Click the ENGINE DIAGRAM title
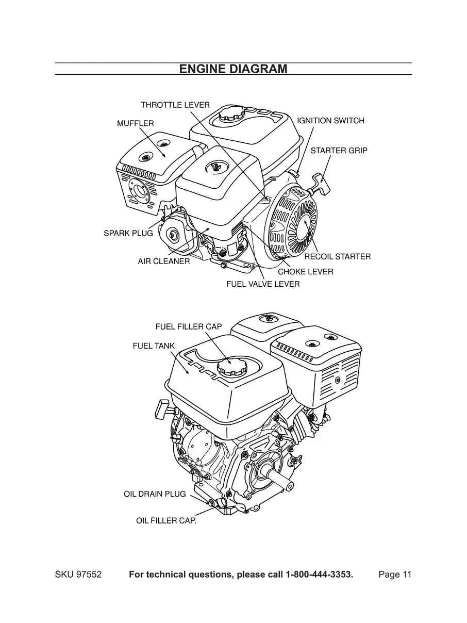(x=233, y=69)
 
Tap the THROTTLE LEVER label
(x=175, y=105)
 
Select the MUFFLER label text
(x=135, y=123)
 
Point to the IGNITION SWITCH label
(x=330, y=121)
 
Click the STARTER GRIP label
(x=339, y=151)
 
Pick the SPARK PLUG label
(x=128, y=233)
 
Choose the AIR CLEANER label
(x=163, y=261)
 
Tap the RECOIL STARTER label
(x=337, y=256)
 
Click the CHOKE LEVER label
(x=305, y=271)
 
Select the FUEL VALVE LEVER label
(x=263, y=284)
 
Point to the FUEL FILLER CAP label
(x=188, y=326)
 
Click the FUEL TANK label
(x=154, y=346)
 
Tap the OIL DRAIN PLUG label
(x=155, y=494)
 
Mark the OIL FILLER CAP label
(x=165, y=521)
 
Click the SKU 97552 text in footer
(x=78, y=575)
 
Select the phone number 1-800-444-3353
(x=319, y=575)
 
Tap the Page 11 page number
(x=395, y=575)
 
